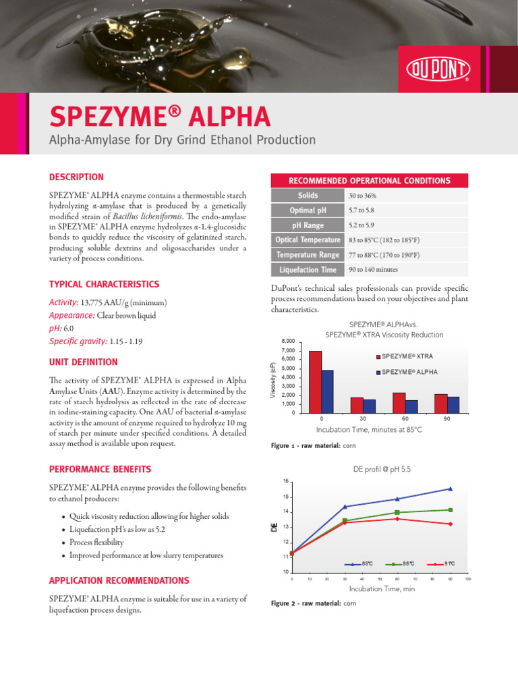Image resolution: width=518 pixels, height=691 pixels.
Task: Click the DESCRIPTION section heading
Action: coord(76,177)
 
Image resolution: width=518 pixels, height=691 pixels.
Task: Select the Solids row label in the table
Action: coord(308,196)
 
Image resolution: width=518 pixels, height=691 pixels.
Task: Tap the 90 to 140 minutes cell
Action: coord(373,270)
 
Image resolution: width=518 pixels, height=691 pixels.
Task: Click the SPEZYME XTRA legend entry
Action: coord(405,356)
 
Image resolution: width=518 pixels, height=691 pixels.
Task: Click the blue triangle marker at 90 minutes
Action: coord(450,489)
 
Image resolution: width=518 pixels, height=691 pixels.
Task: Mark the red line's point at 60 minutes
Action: coord(397,518)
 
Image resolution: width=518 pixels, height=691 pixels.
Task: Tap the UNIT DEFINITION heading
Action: coord(83,362)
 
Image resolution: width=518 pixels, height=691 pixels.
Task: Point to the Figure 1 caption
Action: coord(313,446)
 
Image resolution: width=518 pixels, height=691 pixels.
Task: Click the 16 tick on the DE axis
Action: coord(285,481)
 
